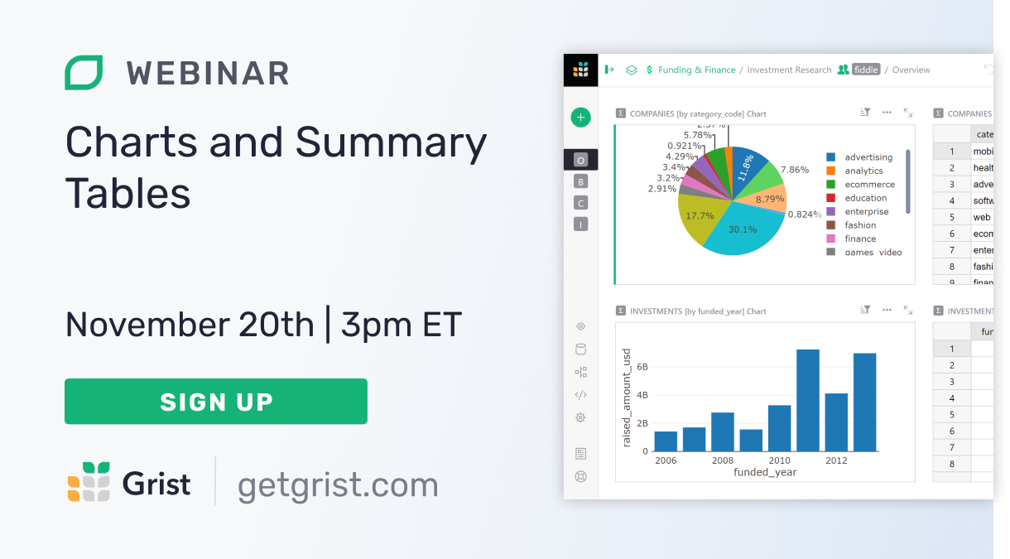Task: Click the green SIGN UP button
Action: point(215,402)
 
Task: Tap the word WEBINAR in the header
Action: point(208,74)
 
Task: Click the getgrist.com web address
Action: point(338,484)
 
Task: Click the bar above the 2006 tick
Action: point(666,441)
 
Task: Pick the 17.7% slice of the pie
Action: point(700,217)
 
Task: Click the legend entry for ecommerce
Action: point(869,185)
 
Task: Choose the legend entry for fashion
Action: point(860,225)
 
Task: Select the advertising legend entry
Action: point(868,157)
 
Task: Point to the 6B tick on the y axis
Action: point(642,366)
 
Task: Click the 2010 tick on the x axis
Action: point(779,460)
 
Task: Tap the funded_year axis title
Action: point(765,472)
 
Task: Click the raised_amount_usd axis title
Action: point(627,398)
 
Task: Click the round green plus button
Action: point(580,118)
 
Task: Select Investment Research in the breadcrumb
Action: point(789,70)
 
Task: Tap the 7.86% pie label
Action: point(794,170)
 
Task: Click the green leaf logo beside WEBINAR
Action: point(84,73)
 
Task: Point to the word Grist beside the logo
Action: point(156,484)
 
